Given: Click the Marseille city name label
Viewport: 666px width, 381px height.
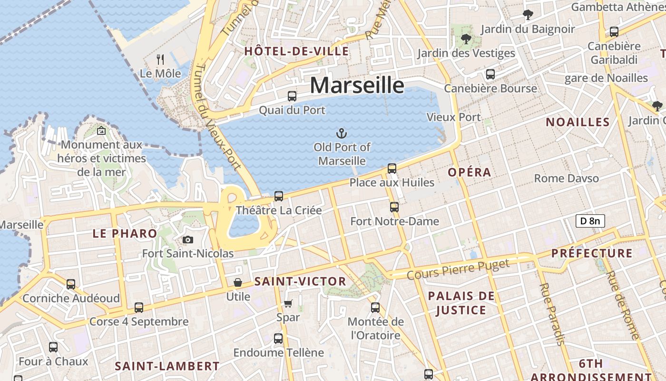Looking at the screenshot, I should [x=357, y=86].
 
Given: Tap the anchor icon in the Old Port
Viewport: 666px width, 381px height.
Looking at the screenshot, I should [x=341, y=133].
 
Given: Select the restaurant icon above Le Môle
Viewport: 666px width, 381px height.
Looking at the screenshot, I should [x=160, y=60].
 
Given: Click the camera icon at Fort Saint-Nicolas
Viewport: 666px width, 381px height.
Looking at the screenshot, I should [x=188, y=240].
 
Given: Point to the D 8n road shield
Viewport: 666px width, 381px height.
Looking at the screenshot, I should [x=590, y=221].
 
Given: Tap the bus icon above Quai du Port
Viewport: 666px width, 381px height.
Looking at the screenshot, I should [x=292, y=96].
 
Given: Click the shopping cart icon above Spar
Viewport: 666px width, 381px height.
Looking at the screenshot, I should [x=288, y=303].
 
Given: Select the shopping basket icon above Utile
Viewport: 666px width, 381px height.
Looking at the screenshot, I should [x=238, y=282].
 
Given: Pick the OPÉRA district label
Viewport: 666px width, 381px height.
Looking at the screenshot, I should [x=470, y=172].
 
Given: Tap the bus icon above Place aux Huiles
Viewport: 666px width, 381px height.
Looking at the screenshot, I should [x=392, y=168].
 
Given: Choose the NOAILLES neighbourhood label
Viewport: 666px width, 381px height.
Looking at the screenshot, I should [x=578, y=122].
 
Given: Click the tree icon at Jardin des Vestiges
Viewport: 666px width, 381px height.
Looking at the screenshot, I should [x=466, y=39].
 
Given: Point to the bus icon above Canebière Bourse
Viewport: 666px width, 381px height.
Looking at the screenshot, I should [x=490, y=74].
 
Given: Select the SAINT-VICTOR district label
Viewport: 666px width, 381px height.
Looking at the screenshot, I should [x=300, y=281].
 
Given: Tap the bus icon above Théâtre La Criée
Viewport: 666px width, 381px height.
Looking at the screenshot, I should [x=279, y=196].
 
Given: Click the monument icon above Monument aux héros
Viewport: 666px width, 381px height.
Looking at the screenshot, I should [x=101, y=130].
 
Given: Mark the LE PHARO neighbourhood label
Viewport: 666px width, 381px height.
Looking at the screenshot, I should [x=125, y=233].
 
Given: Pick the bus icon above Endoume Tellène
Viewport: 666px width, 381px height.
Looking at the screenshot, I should [x=278, y=339].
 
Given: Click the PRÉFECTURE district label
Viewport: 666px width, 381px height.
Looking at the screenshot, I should [x=592, y=253].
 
